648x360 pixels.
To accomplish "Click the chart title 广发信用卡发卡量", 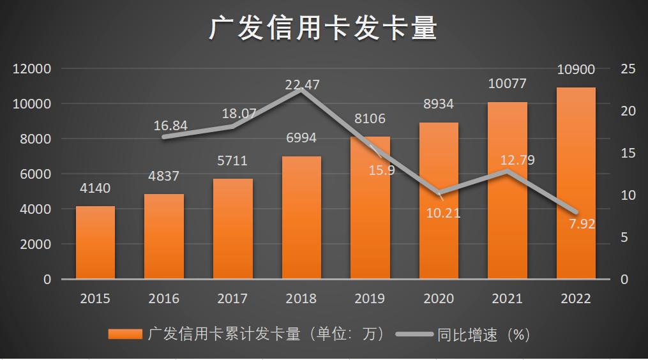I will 324,29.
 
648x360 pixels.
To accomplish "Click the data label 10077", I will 508,84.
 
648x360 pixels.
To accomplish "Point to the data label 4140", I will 95,188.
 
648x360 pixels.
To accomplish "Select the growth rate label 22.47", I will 302,84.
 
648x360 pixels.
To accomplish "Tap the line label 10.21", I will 443,213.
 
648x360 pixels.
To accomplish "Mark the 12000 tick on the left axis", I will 33,69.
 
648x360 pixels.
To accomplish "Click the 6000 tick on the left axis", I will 36,174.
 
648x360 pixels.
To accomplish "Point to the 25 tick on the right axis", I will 628,69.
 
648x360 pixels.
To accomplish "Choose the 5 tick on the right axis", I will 624,237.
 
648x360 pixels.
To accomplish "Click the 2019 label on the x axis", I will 370,299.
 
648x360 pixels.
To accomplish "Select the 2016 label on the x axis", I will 164,299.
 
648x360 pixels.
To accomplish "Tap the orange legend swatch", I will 125,334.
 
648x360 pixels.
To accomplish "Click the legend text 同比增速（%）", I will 484,334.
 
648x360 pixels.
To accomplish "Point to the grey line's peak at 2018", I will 301,90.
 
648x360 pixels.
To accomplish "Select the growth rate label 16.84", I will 170,125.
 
